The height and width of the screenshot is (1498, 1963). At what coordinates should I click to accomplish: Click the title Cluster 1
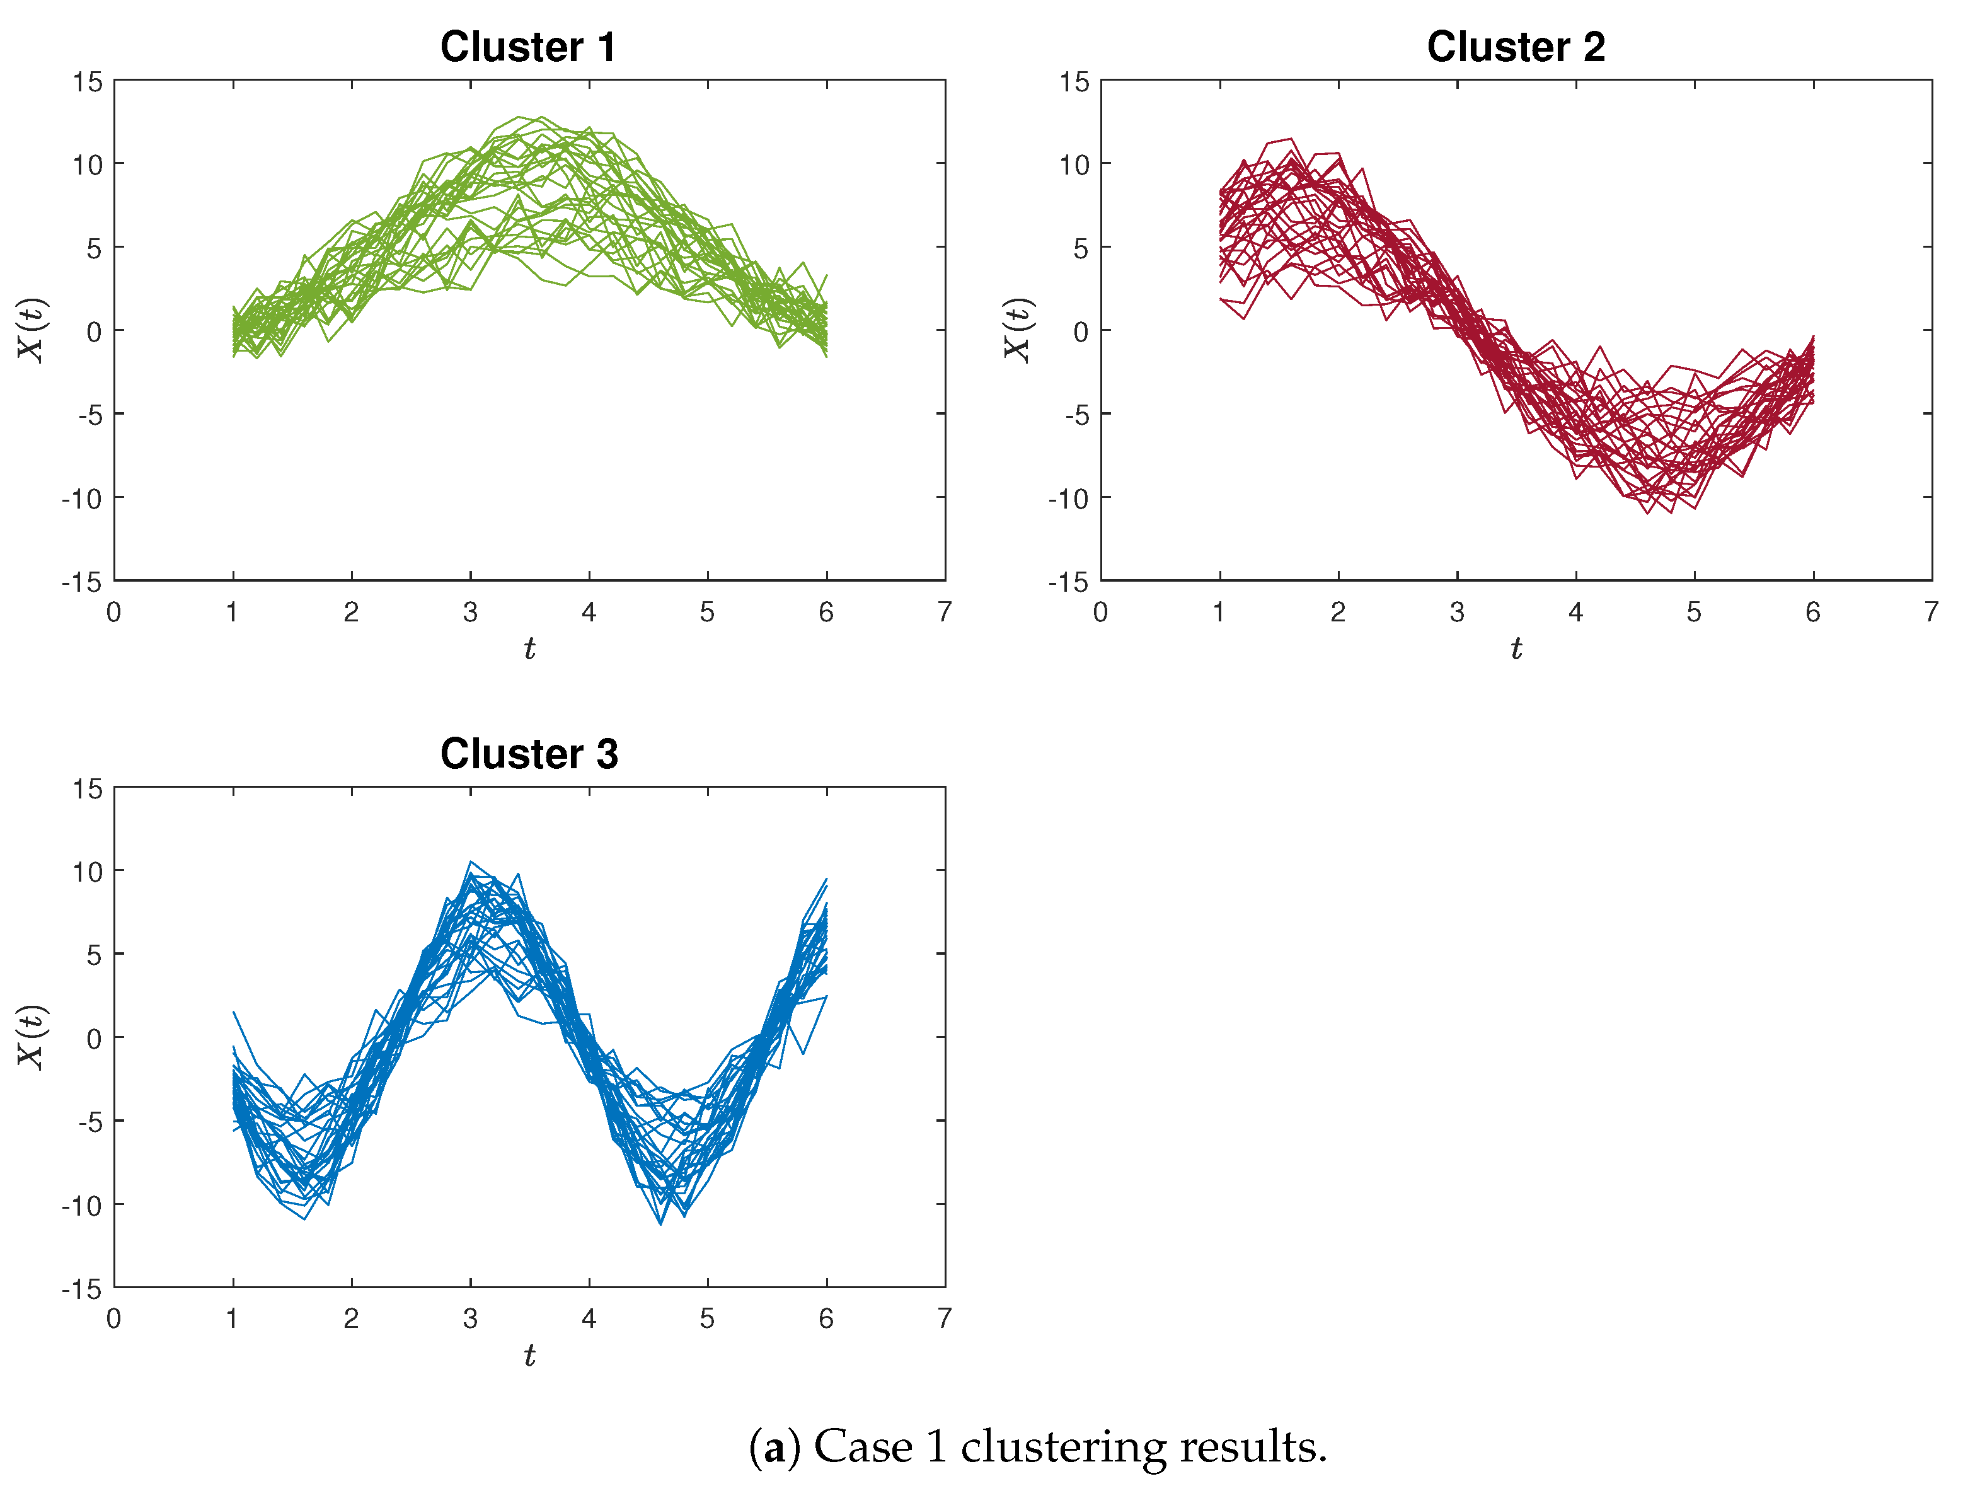527,47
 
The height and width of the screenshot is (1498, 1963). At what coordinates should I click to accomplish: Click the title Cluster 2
1516,47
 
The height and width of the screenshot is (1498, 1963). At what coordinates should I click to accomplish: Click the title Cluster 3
529,754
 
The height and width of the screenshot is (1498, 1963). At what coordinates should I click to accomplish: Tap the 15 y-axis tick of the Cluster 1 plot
88,82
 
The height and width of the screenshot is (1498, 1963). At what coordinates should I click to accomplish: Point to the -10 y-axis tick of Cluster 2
1068,498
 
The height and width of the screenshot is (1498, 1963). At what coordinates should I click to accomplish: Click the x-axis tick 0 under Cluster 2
1100,612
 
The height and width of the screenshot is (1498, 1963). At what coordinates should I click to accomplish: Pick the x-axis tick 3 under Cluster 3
470,1319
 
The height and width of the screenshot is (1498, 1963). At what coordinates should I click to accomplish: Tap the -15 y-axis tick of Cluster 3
81,1289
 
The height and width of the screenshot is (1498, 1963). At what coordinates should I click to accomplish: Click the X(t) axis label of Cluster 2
1017,330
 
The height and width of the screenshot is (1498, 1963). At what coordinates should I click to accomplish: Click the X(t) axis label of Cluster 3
32,1037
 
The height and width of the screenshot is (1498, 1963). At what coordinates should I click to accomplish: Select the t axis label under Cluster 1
529,649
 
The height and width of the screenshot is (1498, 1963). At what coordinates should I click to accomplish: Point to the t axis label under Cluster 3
529,1356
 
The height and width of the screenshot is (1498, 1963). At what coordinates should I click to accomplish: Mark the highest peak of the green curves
519,117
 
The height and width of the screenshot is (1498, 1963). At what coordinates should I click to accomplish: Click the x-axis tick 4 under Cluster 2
1575,612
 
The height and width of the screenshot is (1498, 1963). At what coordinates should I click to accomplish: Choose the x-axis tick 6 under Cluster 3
826,1319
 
